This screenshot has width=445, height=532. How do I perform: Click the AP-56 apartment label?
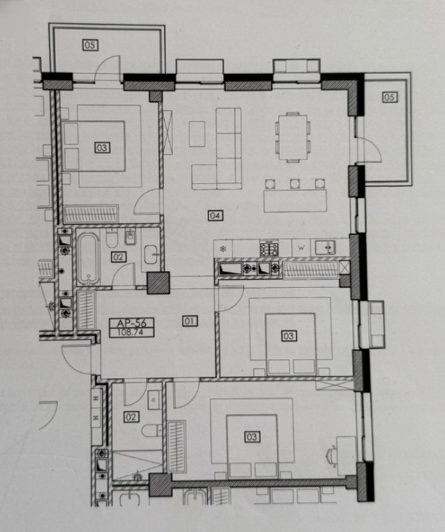point(132,323)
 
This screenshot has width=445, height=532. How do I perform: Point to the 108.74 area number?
point(130,332)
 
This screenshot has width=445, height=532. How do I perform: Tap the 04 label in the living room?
point(215,215)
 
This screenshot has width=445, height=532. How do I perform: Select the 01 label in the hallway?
point(190,321)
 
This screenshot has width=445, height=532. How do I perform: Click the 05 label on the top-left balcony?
point(91,45)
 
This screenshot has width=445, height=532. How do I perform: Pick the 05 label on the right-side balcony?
point(390,98)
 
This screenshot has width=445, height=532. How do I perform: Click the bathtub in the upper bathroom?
point(89,258)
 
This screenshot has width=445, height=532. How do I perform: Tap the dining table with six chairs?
point(293,137)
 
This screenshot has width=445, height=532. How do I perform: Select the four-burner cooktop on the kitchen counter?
point(270,248)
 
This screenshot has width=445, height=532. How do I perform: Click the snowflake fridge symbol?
point(223,249)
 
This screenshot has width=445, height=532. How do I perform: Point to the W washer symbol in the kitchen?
point(301,248)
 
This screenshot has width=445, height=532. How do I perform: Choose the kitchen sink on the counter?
point(325,248)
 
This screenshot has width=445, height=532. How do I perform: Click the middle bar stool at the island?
point(294,184)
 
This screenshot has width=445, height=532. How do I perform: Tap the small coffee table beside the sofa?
point(197,134)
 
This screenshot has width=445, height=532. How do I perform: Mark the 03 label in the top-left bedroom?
point(102,147)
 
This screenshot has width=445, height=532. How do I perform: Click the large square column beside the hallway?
point(159,282)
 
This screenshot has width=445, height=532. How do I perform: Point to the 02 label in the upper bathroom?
point(118,257)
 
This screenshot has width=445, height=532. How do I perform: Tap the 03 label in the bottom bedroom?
point(252,436)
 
